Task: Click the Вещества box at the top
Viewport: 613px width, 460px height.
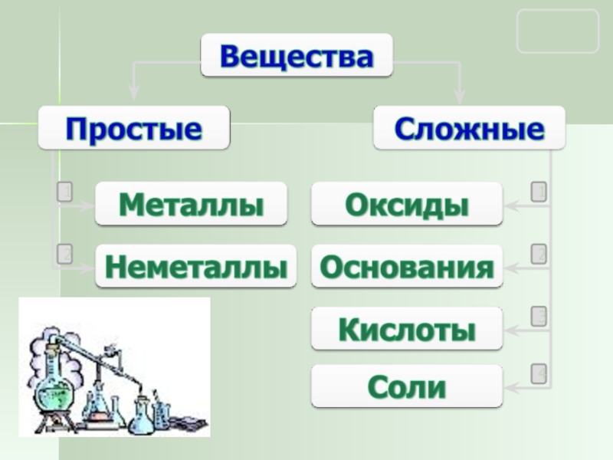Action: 297,55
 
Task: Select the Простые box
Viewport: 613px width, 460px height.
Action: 134,127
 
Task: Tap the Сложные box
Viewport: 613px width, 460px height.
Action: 469,127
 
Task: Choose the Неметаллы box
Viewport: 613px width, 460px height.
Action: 195,266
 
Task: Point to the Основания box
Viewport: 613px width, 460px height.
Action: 407,266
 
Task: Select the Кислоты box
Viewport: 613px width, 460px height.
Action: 407,329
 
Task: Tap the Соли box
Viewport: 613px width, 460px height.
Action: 407,386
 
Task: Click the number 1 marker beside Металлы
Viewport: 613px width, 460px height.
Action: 65,191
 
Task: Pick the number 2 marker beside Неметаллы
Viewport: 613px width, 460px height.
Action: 65,253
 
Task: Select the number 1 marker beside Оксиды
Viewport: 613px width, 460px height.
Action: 539,191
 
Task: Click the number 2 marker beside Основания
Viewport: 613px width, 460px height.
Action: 539,254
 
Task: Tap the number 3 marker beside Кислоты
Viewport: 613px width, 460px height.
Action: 539,316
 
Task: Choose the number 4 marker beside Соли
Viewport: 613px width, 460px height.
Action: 539,373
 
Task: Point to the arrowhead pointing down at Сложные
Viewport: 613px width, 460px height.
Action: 460,97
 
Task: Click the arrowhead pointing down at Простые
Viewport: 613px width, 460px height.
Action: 134,94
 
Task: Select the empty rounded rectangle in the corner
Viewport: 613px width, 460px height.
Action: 557,31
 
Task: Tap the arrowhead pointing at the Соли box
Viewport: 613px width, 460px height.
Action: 511,388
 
